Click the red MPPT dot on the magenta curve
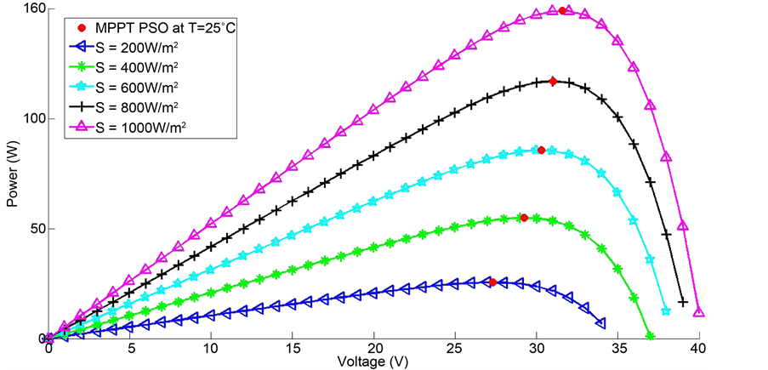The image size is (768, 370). tap(562, 10)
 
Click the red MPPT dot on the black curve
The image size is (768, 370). tap(553, 82)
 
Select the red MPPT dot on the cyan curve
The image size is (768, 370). tap(541, 150)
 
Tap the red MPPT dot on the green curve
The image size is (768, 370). tap(524, 218)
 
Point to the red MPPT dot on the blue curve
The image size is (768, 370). tap(492, 282)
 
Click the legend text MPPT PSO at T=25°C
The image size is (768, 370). tap(153, 27)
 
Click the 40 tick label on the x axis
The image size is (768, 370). tap(699, 349)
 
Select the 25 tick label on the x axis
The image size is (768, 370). tap(455, 349)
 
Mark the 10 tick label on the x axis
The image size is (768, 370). tap(211, 349)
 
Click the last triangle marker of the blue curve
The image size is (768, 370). tap(600, 323)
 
